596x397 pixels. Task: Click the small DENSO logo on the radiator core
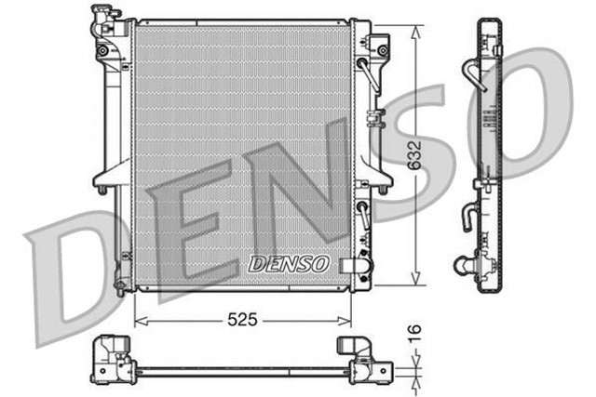(289, 264)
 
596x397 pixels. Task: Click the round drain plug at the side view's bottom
(462, 268)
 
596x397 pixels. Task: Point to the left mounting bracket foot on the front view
(100, 190)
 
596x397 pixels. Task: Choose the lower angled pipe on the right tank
(364, 214)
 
